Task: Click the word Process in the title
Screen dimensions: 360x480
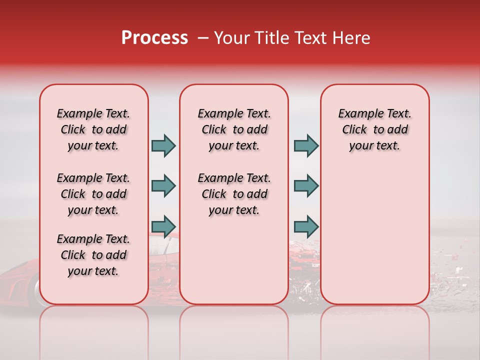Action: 154,38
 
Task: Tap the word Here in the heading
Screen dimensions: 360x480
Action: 352,38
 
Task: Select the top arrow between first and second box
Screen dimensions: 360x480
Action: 163,145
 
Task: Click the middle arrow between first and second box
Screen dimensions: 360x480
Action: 163,186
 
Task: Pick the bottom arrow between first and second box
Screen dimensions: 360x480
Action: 163,226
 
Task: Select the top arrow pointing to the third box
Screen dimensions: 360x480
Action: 306,145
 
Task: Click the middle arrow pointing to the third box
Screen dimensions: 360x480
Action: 306,186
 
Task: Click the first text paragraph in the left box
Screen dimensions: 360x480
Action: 93,129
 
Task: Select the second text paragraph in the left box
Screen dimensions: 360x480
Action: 93,194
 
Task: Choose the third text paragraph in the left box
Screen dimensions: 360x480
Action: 93,255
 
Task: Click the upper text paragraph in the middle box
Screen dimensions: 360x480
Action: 234,129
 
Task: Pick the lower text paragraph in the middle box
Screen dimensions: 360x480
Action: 234,194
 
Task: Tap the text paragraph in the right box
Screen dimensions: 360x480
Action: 374,129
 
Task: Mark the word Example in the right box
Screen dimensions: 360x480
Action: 356,113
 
